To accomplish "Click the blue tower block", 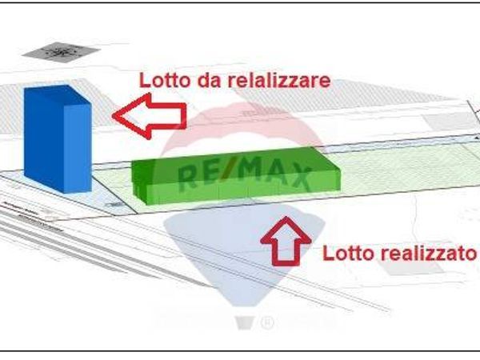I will pos(56,140).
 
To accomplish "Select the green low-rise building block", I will pos(236,174).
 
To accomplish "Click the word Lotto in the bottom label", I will pos(346,254).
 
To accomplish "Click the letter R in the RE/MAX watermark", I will pos(190,174).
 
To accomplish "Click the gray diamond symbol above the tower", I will pos(60,53).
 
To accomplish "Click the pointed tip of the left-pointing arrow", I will pos(114,114).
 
